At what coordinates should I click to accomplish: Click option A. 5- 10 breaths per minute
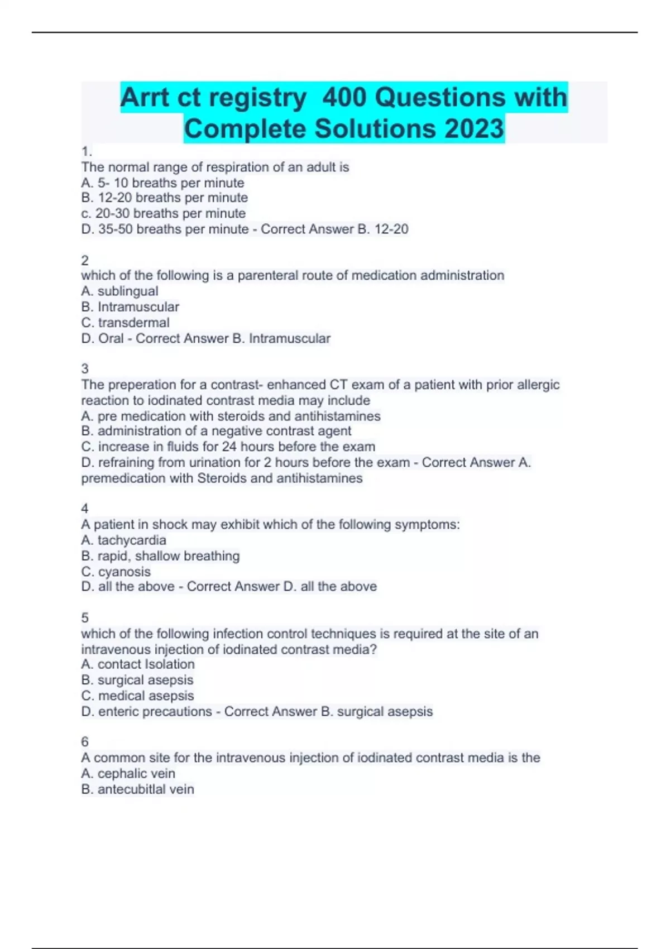click(162, 183)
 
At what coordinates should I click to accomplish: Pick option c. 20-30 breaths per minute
click(163, 213)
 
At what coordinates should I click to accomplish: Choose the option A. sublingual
click(119, 291)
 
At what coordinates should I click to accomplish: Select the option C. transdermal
click(125, 323)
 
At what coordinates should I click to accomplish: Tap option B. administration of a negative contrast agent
click(216, 431)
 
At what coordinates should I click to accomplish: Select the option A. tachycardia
click(123, 540)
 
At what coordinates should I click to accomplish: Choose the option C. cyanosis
click(116, 572)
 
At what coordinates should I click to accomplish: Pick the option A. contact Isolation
click(138, 664)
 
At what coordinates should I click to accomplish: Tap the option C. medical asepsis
click(137, 696)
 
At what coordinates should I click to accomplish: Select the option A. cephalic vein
click(128, 773)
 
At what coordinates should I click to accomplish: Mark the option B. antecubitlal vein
click(137, 789)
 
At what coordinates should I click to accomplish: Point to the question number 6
click(85, 741)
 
